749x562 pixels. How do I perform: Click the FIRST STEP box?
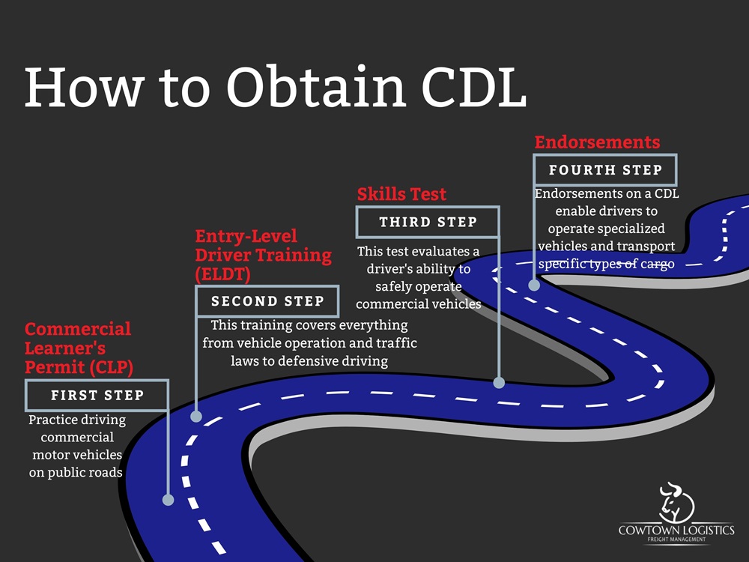pos(97,395)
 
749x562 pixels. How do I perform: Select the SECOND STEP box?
pos(267,301)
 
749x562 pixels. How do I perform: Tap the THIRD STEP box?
pos(428,222)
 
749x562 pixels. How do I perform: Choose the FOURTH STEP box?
pos(605,170)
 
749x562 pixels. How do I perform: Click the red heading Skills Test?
pos(401,195)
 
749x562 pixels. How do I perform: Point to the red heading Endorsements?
pos(597,142)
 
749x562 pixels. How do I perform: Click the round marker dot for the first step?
pos(168,500)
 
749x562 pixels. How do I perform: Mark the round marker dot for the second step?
pos(196,417)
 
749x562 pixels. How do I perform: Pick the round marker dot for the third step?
pos(500,382)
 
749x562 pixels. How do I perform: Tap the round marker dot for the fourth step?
pos(534,285)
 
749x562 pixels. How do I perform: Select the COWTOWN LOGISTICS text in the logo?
pos(676,531)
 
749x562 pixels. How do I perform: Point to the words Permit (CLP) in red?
pos(77,367)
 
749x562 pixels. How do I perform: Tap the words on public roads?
pos(76,473)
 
